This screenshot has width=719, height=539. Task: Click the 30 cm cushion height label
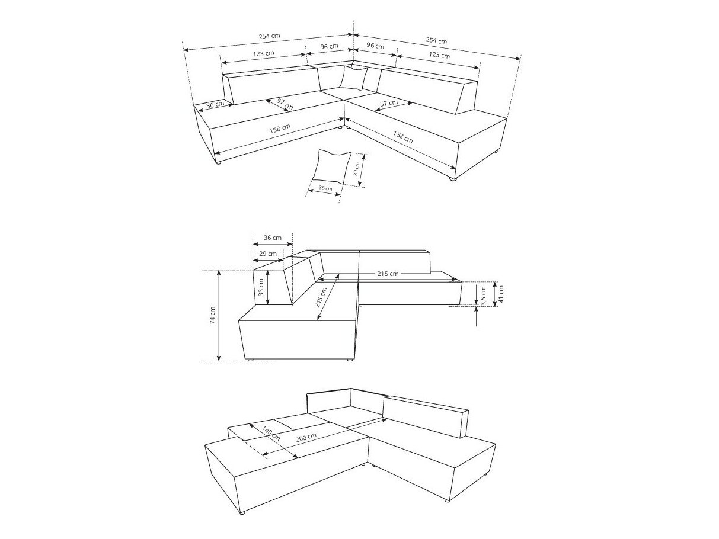[x=356, y=169]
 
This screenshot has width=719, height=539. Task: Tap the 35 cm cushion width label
[x=325, y=188]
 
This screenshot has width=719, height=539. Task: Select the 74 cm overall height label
[x=212, y=316]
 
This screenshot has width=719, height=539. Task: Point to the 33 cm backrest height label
[x=261, y=288]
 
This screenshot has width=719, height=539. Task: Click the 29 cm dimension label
[x=268, y=254]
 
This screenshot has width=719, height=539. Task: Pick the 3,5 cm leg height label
[x=484, y=294]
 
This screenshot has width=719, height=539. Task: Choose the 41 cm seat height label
[x=501, y=293]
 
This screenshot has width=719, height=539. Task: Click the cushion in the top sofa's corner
[x=354, y=78]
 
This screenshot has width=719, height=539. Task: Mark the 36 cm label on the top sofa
[x=215, y=105]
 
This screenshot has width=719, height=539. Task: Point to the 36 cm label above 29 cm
[x=272, y=238]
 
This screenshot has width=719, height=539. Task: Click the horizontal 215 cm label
[x=386, y=274]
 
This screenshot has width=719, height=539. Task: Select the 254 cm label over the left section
[x=269, y=36]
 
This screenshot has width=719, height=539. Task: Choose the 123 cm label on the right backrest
[x=438, y=55]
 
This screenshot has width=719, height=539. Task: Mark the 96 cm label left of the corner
[x=329, y=46]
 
